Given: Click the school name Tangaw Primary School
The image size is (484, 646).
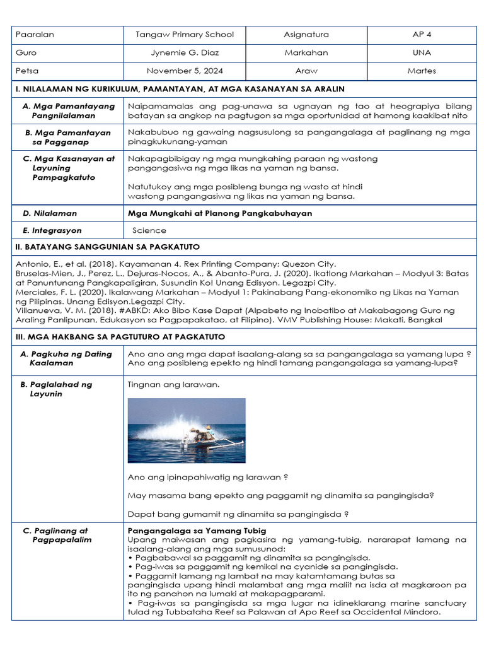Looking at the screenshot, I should click(x=185, y=35).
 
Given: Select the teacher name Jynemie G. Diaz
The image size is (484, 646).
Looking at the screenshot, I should click(x=185, y=53).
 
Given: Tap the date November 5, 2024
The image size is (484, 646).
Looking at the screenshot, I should click(x=185, y=71).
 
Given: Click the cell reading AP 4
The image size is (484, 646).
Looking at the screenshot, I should click(x=421, y=35).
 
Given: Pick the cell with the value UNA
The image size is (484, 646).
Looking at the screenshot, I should click(x=421, y=53).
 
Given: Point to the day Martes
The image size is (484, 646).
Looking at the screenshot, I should click(x=421, y=71).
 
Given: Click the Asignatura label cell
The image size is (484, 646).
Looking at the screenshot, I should click(x=306, y=35).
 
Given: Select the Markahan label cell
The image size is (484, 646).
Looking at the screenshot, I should click(x=306, y=53).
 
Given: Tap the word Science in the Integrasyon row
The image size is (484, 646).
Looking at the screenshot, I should click(x=149, y=231).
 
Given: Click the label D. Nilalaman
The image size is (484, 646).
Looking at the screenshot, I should click(x=50, y=214).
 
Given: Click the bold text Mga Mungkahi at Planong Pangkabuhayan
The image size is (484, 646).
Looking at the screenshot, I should click(x=219, y=214).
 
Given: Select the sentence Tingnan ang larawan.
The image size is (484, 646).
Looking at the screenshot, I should click(x=165, y=384).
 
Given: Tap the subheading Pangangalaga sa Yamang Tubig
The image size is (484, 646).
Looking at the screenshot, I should click(x=197, y=531).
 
